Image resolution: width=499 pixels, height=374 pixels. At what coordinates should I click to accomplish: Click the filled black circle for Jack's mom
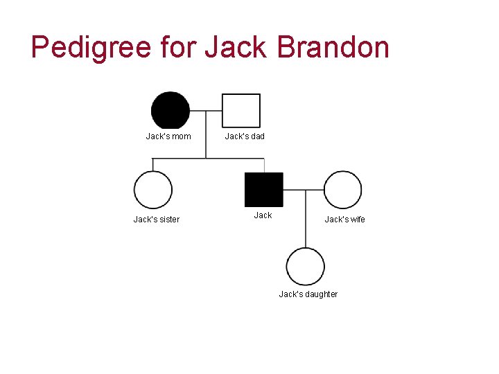[170, 111]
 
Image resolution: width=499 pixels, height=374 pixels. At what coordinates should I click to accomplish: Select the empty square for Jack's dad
[241, 111]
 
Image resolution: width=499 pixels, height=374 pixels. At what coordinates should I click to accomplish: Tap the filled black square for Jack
[264, 190]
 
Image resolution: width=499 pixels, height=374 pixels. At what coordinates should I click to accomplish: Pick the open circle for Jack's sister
[152, 190]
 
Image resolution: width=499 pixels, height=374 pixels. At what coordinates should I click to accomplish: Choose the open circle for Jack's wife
[342, 190]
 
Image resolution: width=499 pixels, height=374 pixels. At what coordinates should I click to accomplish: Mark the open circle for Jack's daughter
[306, 267]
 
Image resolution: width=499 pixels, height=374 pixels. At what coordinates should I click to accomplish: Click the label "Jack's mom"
[168, 136]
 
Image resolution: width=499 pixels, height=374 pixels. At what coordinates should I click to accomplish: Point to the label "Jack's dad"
[245, 136]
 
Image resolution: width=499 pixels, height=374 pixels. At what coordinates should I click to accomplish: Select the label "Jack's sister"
[157, 220]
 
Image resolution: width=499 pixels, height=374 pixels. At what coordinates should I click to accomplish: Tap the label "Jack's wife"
[345, 220]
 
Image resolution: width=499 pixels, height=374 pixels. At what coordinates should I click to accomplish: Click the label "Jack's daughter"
[308, 294]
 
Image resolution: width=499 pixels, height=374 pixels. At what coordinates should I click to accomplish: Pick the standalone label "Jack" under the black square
[263, 215]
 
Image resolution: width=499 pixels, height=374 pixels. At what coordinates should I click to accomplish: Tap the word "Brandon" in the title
[333, 47]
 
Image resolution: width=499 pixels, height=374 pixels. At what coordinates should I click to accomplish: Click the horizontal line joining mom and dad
[206, 111]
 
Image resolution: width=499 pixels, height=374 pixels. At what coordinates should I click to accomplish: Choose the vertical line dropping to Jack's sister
[152, 165]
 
